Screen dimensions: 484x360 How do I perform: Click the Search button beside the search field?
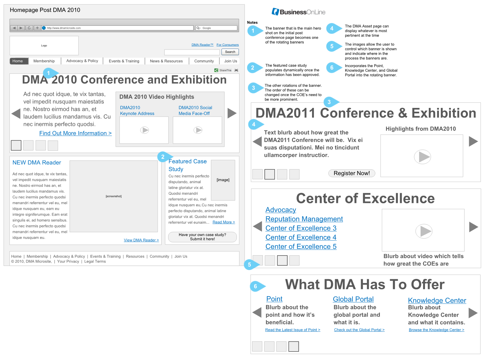tap(230, 52)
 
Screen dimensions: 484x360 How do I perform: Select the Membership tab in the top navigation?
tap(44, 61)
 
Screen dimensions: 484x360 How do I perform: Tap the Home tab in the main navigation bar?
tap(18, 61)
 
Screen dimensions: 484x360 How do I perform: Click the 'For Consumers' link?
tap(227, 45)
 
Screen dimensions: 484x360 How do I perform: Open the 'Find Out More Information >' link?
tap(75, 133)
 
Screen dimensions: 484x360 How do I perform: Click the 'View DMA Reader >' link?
tap(141, 240)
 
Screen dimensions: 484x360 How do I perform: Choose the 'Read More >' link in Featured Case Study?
tap(224, 222)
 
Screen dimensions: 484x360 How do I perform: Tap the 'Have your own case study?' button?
tap(202, 237)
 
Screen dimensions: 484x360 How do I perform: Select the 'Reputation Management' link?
tap(304, 219)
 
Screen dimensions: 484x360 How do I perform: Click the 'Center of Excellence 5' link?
tap(301, 246)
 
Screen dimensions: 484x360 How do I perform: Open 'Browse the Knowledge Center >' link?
tap(436, 330)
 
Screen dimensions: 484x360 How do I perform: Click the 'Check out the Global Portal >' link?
tap(359, 330)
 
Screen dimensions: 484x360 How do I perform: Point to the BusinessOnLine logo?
tap(298, 12)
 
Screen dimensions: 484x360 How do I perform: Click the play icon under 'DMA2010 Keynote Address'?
tap(144, 130)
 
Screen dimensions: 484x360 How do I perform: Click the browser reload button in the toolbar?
tap(29, 28)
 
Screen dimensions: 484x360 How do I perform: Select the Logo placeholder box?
tap(44, 46)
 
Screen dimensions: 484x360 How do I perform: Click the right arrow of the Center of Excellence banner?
tap(473, 227)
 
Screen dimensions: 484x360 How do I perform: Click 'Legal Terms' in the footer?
tap(95, 261)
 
